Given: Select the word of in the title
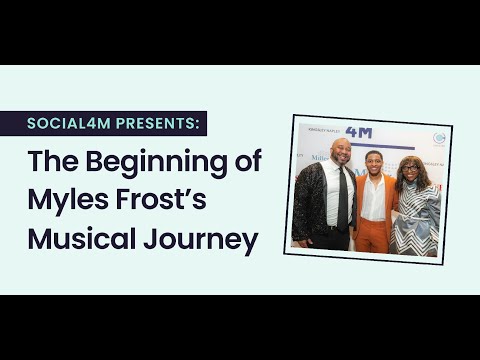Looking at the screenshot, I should pyautogui.click(x=246, y=162).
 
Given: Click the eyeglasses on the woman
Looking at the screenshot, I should pyautogui.click(x=409, y=169).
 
